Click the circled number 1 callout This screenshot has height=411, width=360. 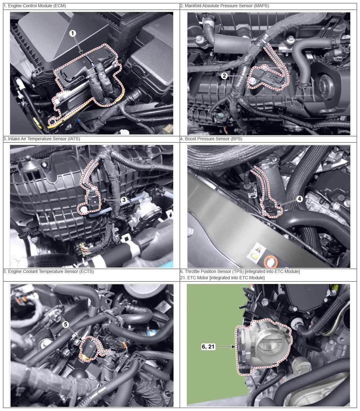pos(72,33)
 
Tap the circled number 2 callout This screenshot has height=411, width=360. pos(224,76)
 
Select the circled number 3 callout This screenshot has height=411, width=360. pos(124,200)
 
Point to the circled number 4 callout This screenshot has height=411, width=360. pos(300,199)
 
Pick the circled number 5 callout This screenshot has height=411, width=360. pos(66,324)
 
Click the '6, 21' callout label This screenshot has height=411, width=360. pos(208,346)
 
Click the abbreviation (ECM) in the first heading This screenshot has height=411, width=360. pos(60,6)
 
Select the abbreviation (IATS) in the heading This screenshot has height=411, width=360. pos(73,139)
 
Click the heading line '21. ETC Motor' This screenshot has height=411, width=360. pos(222,278)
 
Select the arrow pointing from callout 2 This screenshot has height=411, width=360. pos(239,76)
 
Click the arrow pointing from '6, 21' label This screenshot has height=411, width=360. pos(225,347)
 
